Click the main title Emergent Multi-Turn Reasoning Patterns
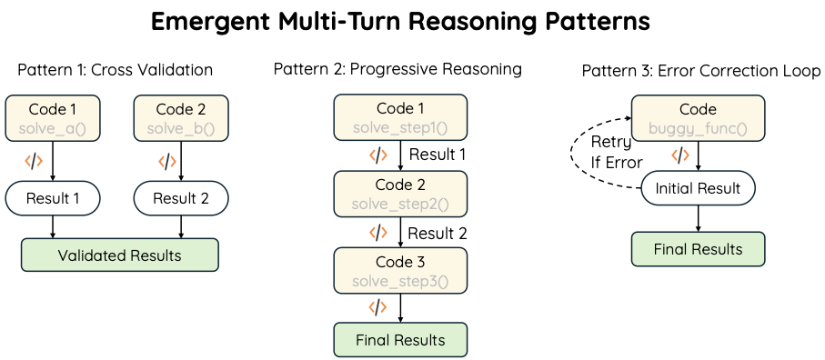(400, 22)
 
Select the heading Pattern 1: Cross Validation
(115, 70)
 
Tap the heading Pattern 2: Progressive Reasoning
(398, 69)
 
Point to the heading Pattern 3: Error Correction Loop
(701, 70)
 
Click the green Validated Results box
(119, 255)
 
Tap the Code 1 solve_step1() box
(400, 118)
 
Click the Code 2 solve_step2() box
(400, 194)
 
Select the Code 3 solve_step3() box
(400, 270)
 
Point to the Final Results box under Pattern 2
(400, 341)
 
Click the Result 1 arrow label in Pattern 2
(438, 155)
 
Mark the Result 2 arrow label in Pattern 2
(438, 233)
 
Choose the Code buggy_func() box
(697, 118)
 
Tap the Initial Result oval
(698, 189)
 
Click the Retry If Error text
(617, 153)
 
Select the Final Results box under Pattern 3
(698, 249)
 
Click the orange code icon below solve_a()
(34, 162)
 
